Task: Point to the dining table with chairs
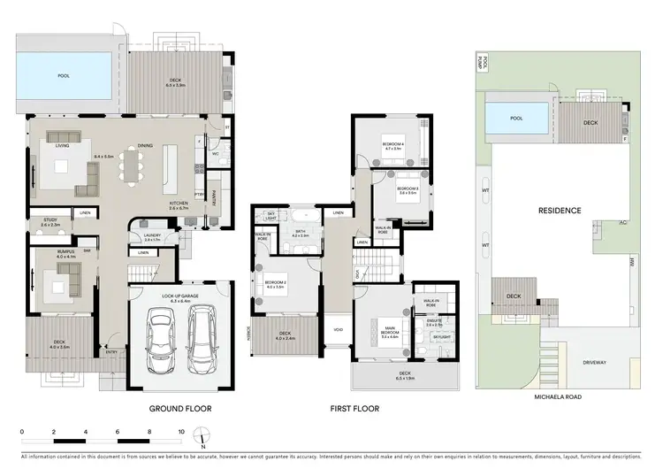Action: click(x=134, y=165)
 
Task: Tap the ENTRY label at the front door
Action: click(x=110, y=353)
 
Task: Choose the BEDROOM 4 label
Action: click(x=392, y=145)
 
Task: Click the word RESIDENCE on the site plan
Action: click(x=560, y=211)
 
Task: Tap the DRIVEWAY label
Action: click(x=595, y=362)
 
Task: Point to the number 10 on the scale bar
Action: click(x=180, y=432)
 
